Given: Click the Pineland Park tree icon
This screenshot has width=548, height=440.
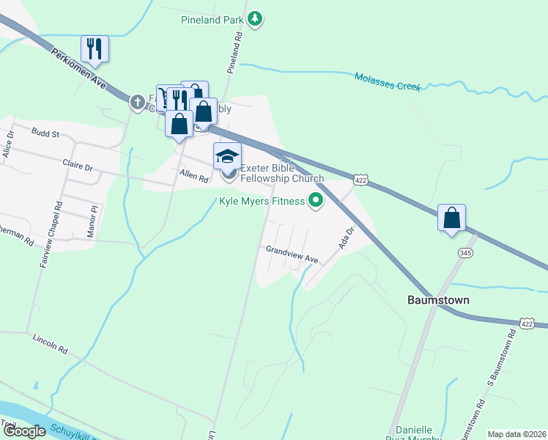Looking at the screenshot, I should pos(254,19).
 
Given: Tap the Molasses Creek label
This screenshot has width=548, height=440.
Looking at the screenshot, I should pos(388,81).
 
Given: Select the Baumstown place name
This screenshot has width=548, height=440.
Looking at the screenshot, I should pos(438,301).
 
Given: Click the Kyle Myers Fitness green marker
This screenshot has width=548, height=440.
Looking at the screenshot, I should pos(316,200).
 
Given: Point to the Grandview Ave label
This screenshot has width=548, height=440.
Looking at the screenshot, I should pos(292,254).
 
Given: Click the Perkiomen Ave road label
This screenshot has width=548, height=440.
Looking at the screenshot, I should pos(79,68).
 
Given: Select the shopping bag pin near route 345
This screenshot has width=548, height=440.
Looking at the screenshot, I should pos(452,218).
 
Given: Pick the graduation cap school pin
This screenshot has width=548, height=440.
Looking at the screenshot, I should pos(227,156).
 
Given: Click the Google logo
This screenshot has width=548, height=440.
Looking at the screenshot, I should pos(24,430).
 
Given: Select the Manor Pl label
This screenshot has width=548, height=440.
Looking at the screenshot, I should pos(92,219).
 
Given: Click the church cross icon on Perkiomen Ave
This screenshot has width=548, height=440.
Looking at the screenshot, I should pos(137,102).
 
